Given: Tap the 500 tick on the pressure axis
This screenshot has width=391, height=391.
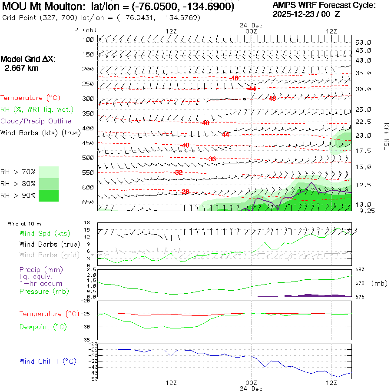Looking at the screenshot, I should tap(88, 158).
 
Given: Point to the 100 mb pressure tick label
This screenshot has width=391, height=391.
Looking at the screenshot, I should tap(88, 40).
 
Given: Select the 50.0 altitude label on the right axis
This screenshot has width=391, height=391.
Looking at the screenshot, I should tap(363, 43).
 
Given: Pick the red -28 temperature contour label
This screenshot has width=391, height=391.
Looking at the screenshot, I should tap(186, 192).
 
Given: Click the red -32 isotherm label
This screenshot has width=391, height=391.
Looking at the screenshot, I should tap(178, 172).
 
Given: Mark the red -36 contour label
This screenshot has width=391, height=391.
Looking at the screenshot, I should tap(212, 159).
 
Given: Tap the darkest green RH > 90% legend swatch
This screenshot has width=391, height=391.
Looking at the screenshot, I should tap(49, 195).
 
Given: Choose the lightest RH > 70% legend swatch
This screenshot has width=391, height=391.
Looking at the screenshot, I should tap(49, 172).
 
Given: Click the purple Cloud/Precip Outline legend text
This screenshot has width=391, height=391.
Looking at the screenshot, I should tap(36, 121).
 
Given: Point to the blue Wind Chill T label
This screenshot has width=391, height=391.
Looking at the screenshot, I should tap(48, 361).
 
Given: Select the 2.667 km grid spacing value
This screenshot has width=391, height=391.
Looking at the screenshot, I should tap(21, 68).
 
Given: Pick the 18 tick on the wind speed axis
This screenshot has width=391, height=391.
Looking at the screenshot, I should tap(87, 222).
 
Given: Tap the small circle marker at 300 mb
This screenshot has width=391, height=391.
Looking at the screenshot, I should tap(245, 99).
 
